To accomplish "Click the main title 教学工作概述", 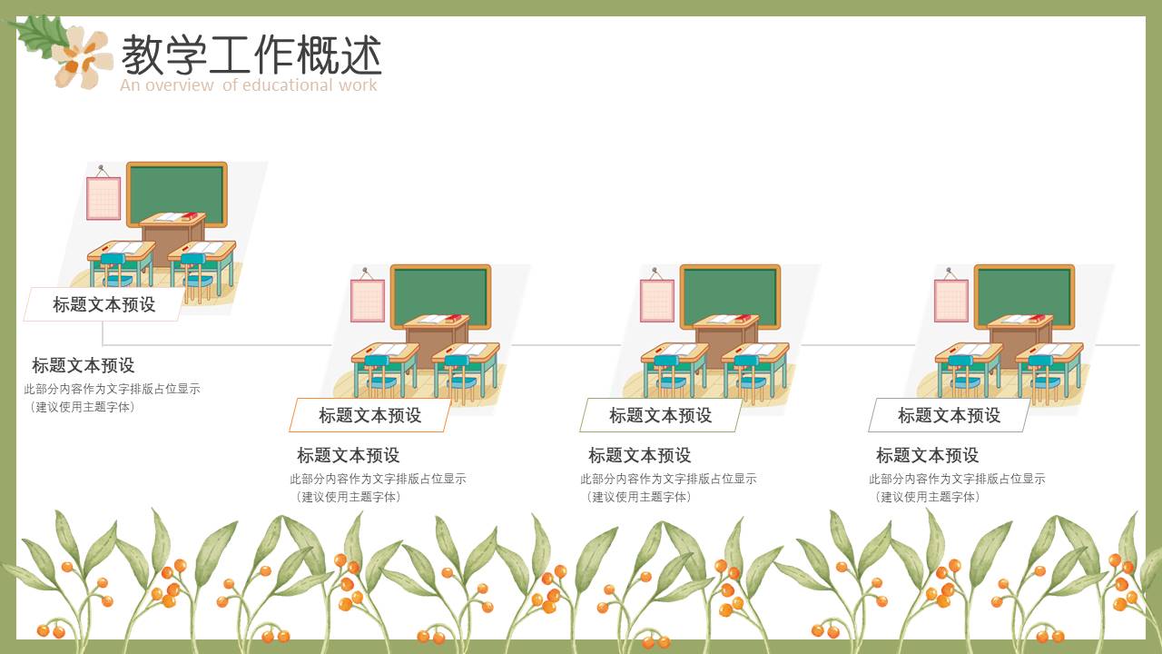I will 251,55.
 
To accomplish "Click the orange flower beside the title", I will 84,57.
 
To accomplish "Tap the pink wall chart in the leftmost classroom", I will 103,198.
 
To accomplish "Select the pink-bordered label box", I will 103,304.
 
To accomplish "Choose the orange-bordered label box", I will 369,415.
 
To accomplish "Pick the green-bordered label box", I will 660,415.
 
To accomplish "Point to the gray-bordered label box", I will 949,415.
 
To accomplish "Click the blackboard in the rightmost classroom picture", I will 1024,296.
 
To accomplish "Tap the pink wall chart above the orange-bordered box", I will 368,300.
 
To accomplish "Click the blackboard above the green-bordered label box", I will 730,296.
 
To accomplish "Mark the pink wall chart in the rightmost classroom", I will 951,300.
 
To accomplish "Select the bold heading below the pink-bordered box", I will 84,365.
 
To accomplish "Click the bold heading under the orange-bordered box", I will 349,455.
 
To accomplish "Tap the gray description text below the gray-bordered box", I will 957,479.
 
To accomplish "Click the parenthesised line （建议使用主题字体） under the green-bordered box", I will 639,497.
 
